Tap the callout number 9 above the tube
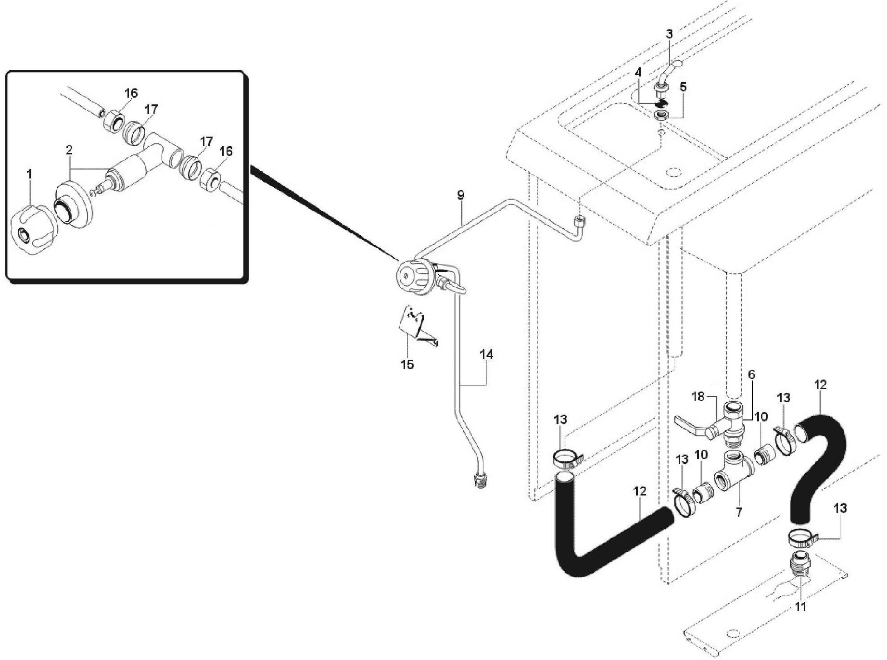pyautogui.click(x=461, y=195)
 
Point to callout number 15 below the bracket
pyautogui.click(x=407, y=364)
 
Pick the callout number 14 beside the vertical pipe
pyautogui.click(x=486, y=355)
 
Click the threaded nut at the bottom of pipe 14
pyautogui.click(x=480, y=481)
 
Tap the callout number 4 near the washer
pyautogui.click(x=638, y=73)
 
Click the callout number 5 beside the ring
pyautogui.click(x=683, y=87)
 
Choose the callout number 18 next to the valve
pyautogui.click(x=698, y=396)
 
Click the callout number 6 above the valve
pyautogui.click(x=751, y=374)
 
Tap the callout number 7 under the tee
pyautogui.click(x=739, y=512)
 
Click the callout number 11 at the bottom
pyautogui.click(x=800, y=607)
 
